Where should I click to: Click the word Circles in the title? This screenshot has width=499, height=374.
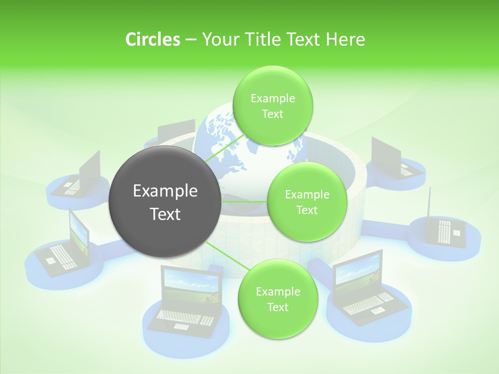pyautogui.click(x=152, y=39)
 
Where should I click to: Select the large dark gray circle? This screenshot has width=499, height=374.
pyautogui.click(x=165, y=202)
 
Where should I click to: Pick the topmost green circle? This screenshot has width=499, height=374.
pyautogui.click(x=272, y=105)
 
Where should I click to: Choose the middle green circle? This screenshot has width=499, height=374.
pyautogui.click(x=307, y=202)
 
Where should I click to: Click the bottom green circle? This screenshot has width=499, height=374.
pyautogui.click(x=278, y=299)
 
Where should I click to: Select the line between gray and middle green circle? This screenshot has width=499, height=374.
pyautogui.click(x=244, y=202)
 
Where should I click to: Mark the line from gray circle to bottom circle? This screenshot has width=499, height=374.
pyautogui.click(x=224, y=257)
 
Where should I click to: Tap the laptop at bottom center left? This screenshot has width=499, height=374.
pyautogui.click(x=190, y=299)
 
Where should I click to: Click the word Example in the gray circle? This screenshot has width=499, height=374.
pyautogui.click(x=165, y=191)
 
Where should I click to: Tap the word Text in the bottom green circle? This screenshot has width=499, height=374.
pyautogui.click(x=278, y=307)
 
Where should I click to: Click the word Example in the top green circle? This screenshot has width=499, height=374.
pyautogui.click(x=272, y=98)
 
